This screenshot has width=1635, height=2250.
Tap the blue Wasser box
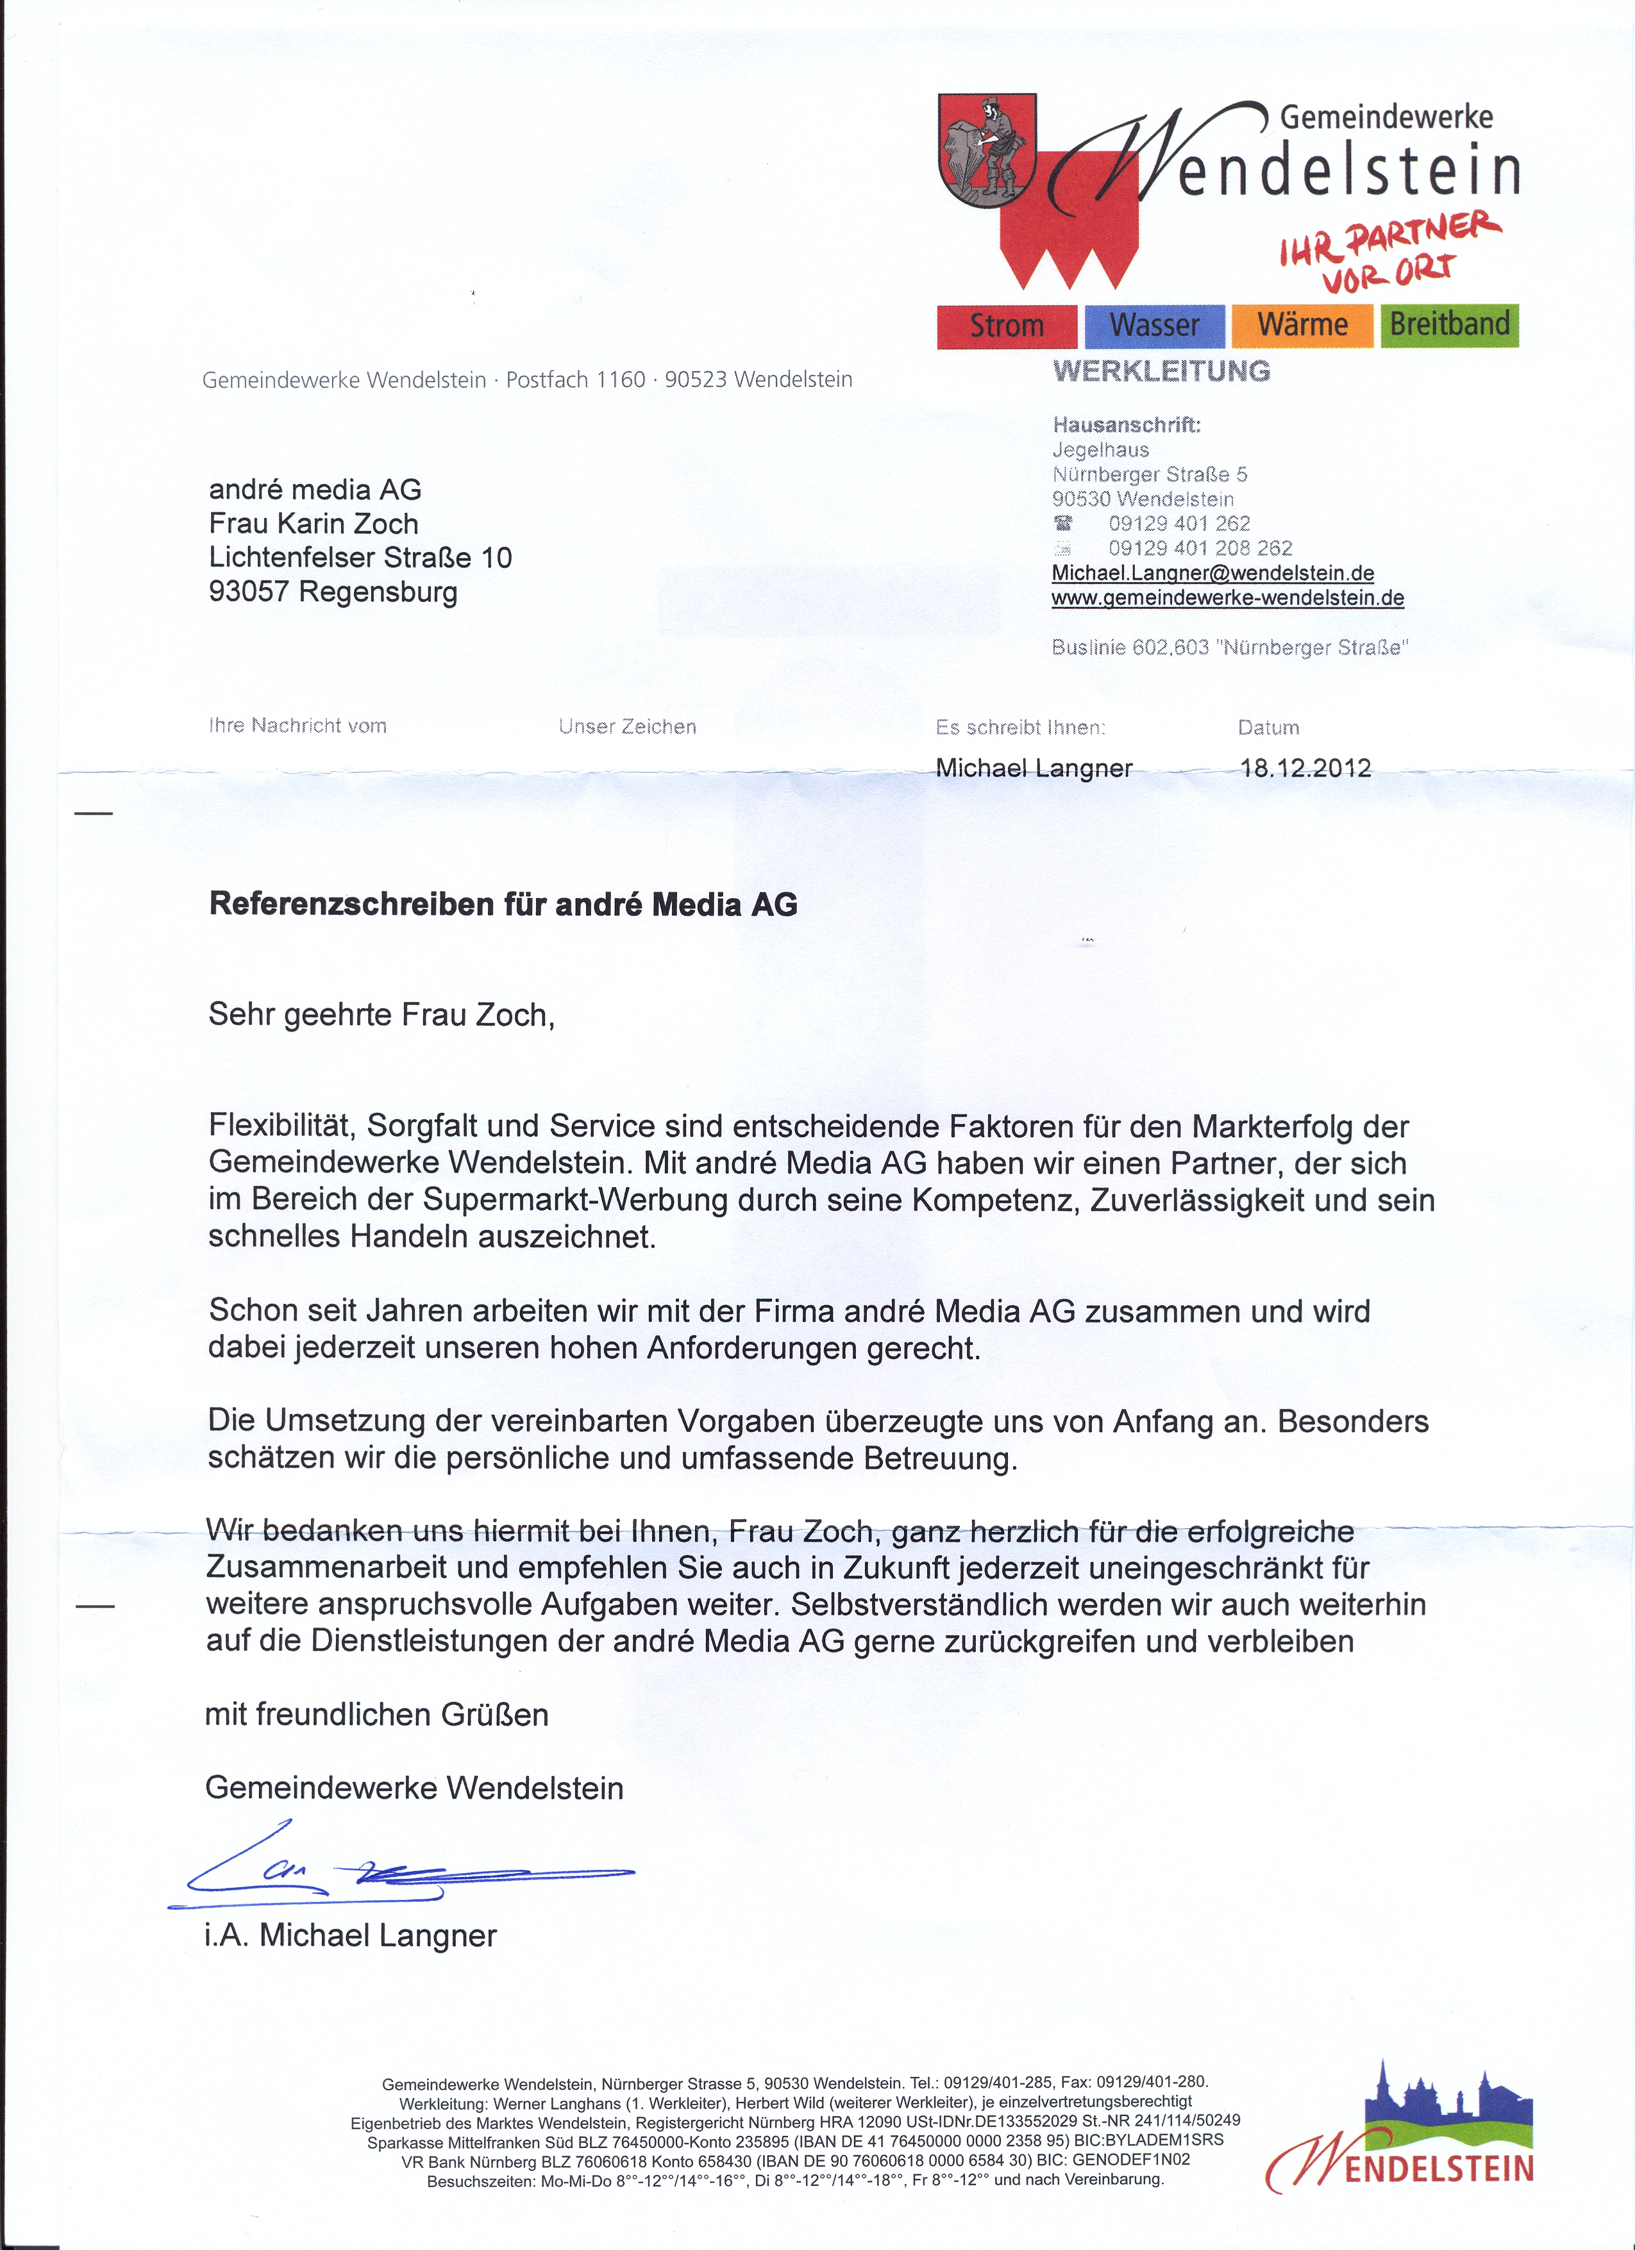tap(1154, 326)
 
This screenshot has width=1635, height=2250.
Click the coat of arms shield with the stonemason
tap(987, 151)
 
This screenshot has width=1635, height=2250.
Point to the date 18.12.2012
tap(1305, 768)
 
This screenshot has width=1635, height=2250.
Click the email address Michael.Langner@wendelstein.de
tap(1212, 574)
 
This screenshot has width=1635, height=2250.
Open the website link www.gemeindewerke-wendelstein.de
tap(1227, 597)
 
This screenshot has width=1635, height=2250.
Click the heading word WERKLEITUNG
tap(1161, 371)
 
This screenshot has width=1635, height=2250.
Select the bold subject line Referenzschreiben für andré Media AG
tap(503, 904)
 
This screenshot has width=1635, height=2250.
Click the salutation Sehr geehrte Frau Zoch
tap(381, 1015)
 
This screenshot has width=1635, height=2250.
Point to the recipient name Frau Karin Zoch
tap(314, 524)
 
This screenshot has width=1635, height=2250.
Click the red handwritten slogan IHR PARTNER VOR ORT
tap(1389, 248)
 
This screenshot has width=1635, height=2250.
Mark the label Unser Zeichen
tap(627, 727)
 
